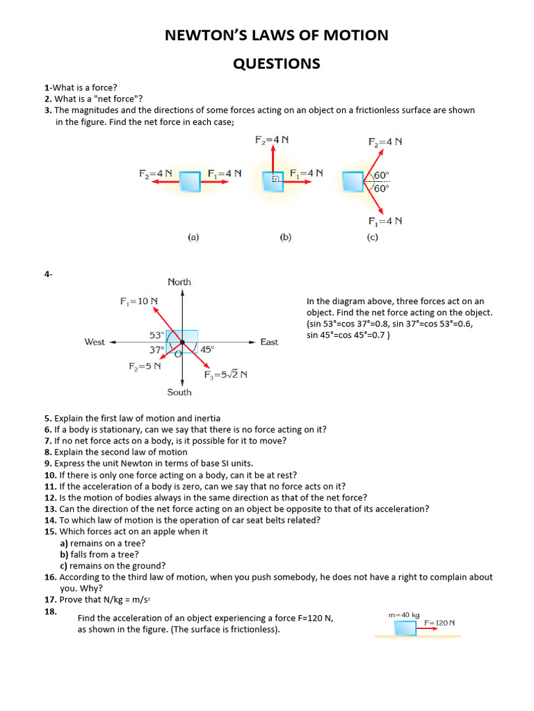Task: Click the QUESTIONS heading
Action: pos(276,64)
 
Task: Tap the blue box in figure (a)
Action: pos(189,183)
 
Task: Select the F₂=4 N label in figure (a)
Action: pos(156,173)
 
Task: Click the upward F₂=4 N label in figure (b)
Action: pos(272,140)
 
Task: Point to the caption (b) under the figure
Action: pos(285,237)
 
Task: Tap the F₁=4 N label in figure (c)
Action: pos(385,221)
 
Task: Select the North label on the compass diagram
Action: pos(179,282)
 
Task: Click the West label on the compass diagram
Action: pos(95,342)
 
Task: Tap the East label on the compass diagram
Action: pos(269,342)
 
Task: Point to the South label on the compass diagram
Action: pos(179,392)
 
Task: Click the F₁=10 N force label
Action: pos(138,301)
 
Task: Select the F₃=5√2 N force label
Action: pos(226,375)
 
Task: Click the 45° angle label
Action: pos(207,350)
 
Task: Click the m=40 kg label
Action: pos(405,614)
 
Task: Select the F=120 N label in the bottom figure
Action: pos(439,623)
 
